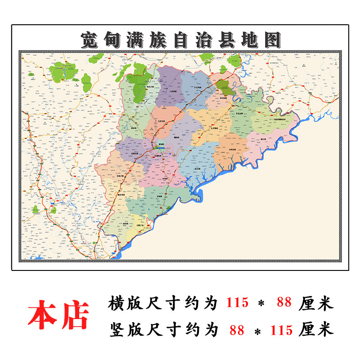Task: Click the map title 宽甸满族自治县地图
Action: (180, 40)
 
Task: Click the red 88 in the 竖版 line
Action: (237, 330)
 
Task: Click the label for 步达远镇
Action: (239, 114)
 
